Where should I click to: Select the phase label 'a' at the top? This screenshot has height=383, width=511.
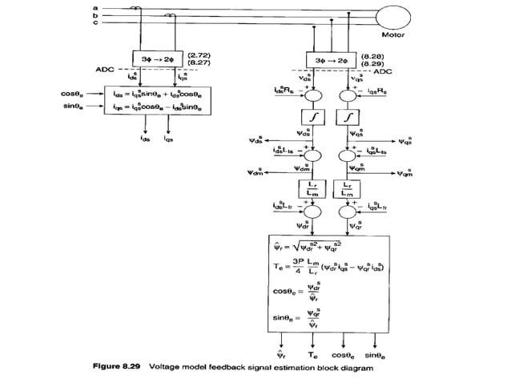pyautogui.click(x=96, y=6)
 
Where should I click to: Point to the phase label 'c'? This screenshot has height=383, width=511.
pyautogui.click(x=96, y=22)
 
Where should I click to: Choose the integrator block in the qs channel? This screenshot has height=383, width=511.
pyautogui.click(x=352, y=118)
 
